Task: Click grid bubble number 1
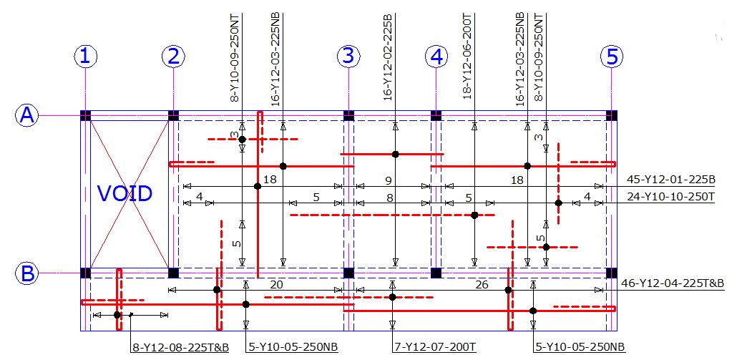(85, 57)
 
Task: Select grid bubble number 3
(348, 57)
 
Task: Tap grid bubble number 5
(612, 57)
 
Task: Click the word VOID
(125, 193)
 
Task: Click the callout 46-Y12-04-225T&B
(673, 284)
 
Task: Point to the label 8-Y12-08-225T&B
(180, 348)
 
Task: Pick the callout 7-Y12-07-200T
(435, 348)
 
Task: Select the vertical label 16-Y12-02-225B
(389, 57)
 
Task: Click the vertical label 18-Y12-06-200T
(467, 57)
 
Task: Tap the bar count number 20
(276, 285)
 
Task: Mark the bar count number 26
(482, 285)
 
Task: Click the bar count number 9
(389, 180)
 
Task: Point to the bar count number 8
(390, 197)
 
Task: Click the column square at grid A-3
(348, 115)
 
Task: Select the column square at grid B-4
(436, 273)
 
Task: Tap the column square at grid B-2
(173, 273)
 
